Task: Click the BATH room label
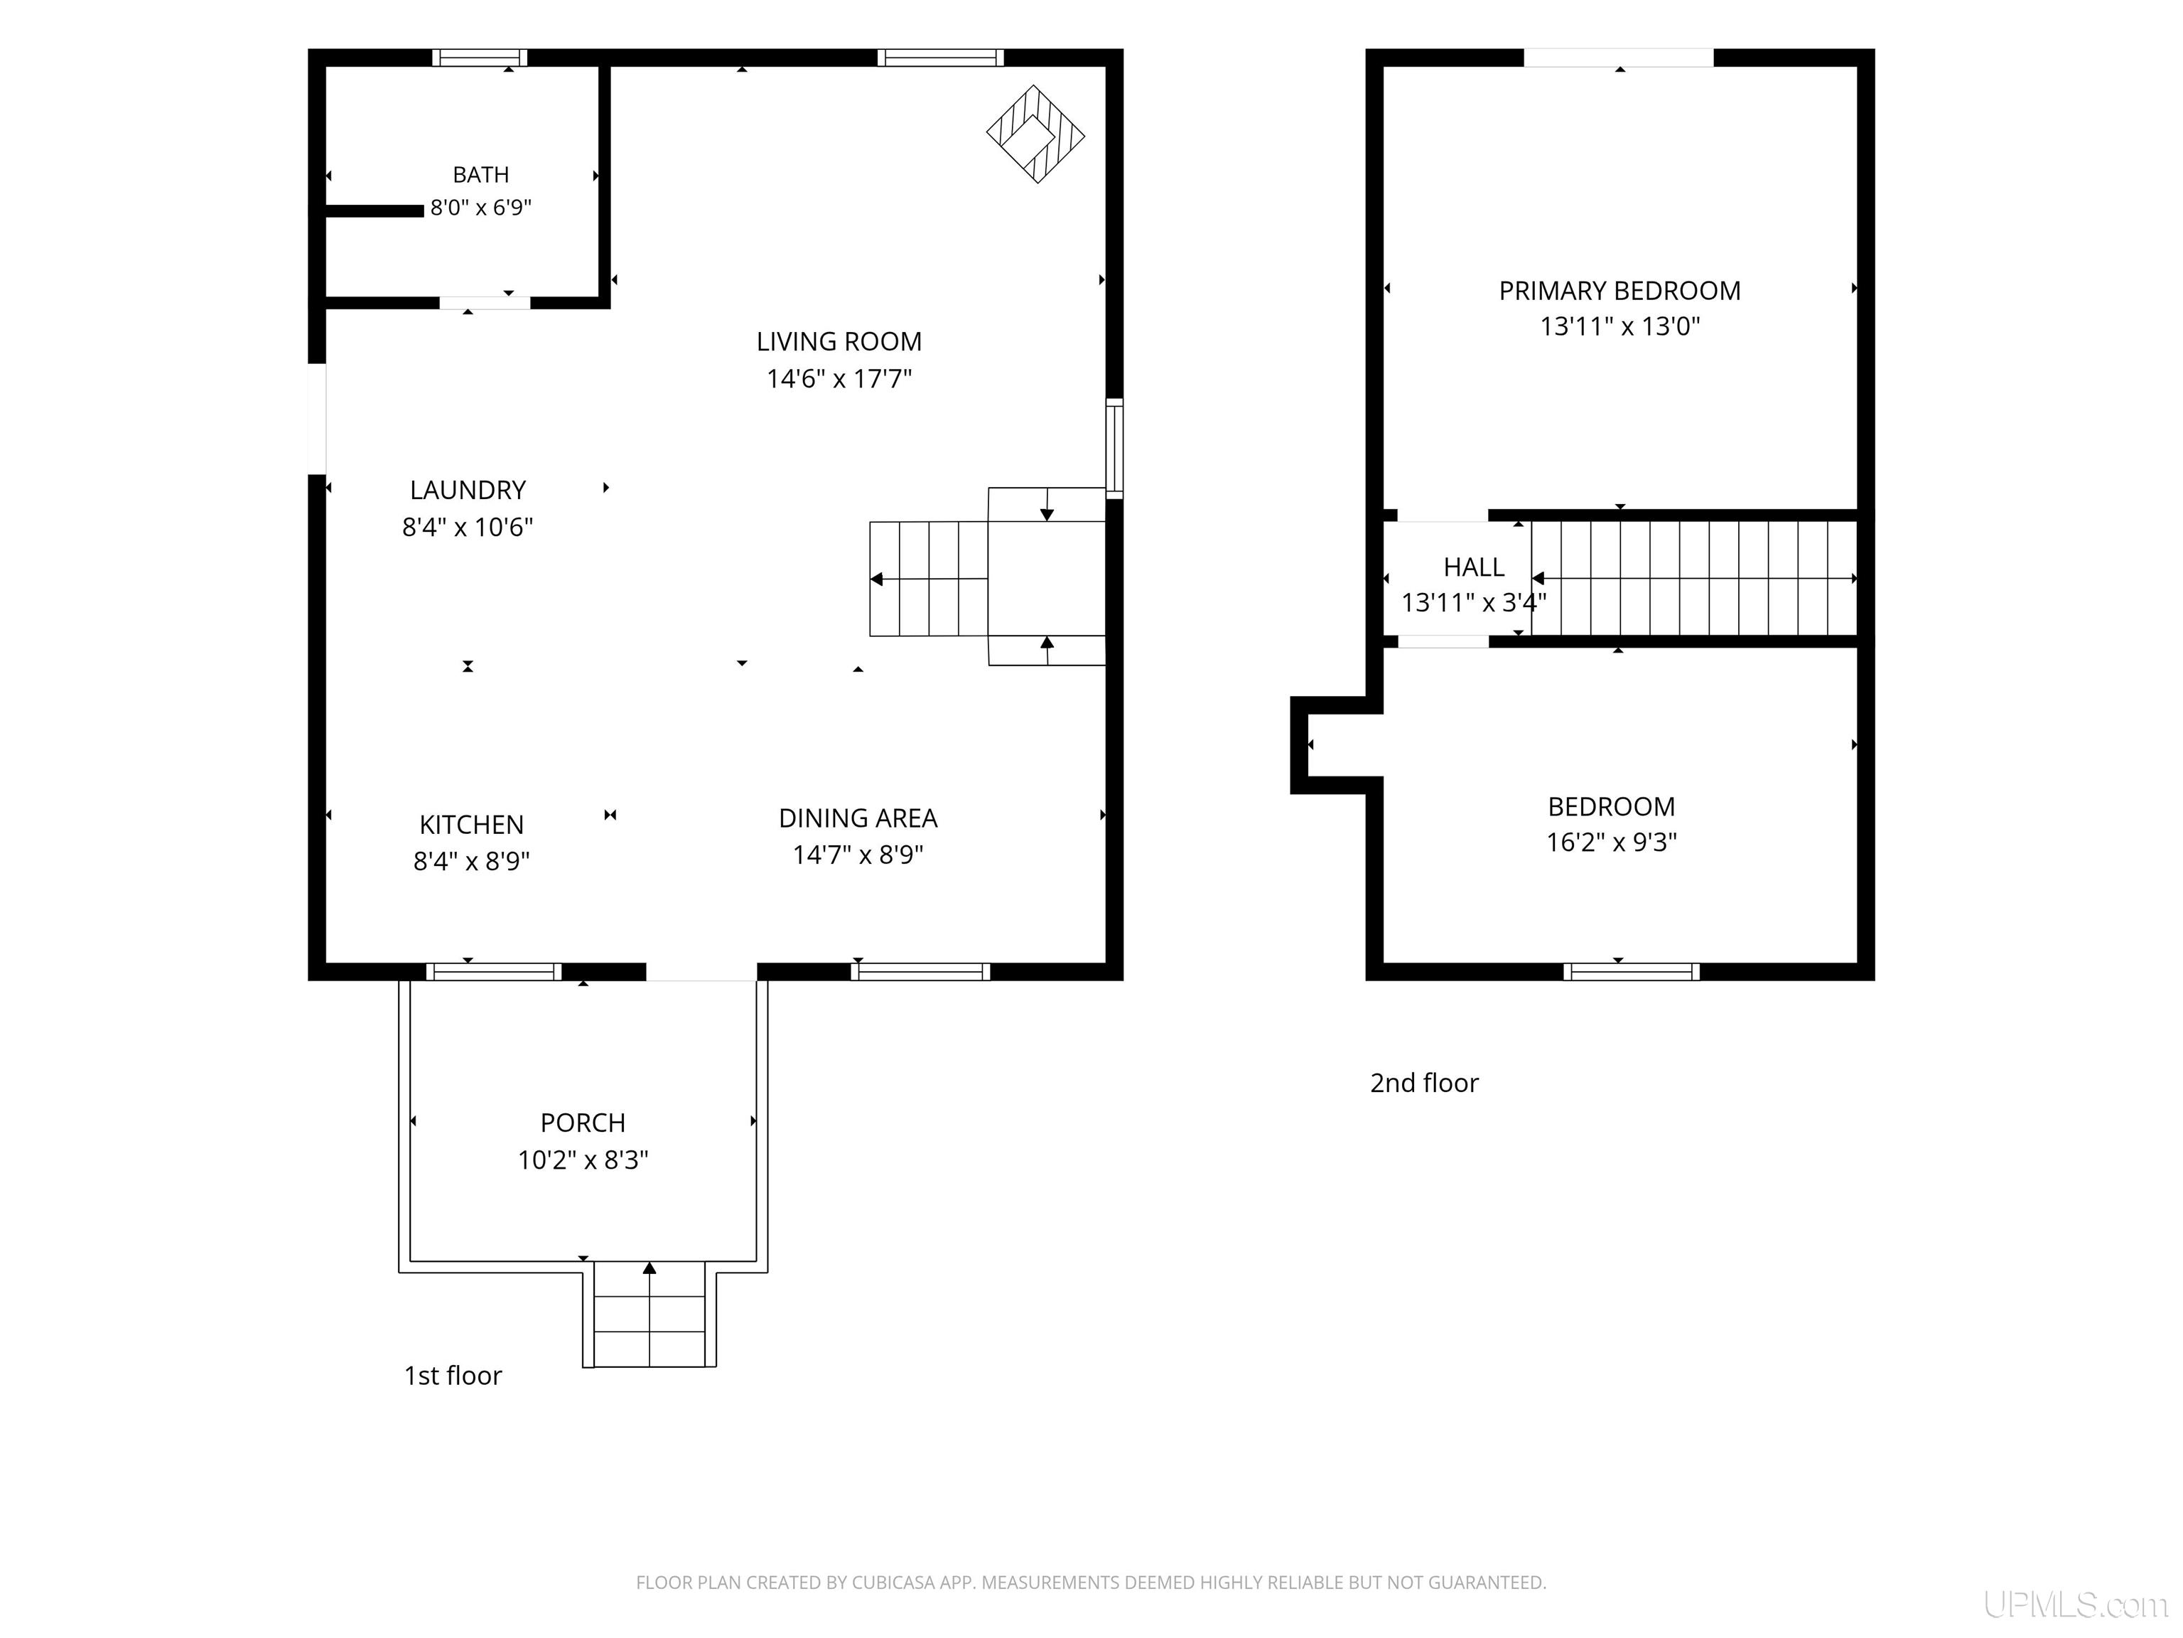[x=480, y=175]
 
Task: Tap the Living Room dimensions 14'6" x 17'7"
[x=839, y=378]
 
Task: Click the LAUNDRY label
[x=468, y=490]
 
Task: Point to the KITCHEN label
[x=472, y=825]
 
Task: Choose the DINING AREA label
[x=858, y=818]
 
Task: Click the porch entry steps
[x=649, y=1314]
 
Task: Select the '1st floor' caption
[x=453, y=1376]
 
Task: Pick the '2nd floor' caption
[x=1424, y=1083]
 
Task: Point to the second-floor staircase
[x=1693, y=579]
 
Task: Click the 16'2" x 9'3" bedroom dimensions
[x=1612, y=842]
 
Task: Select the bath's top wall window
[x=480, y=58]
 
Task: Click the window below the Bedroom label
[x=1632, y=972]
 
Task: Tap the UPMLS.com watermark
[x=2076, y=1605]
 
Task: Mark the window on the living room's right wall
[x=1114, y=449]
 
